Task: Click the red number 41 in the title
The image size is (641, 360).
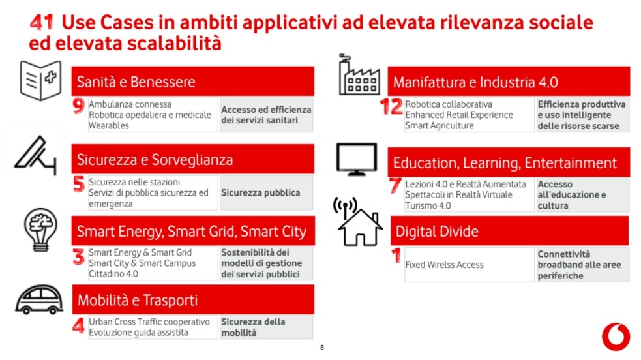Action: click(x=42, y=22)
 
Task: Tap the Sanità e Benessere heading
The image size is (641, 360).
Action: click(x=136, y=82)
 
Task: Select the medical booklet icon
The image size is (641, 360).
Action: click(x=40, y=80)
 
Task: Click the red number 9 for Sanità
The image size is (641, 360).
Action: click(x=78, y=106)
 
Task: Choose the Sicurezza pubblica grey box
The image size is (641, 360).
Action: click(x=267, y=193)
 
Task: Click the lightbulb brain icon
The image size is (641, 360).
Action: click(x=40, y=230)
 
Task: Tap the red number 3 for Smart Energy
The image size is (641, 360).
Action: click(x=78, y=258)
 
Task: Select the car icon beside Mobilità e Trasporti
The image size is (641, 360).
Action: click(x=39, y=299)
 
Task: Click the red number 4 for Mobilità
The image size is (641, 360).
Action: click(x=78, y=325)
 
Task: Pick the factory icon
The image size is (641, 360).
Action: click(x=359, y=74)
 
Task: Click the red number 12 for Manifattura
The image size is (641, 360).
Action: click(x=391, y=107)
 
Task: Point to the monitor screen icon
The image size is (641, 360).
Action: click(x=357, y=159)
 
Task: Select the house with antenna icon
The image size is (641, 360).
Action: click(x=358, y=222)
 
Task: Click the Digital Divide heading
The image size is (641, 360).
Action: click(x=437, y=232)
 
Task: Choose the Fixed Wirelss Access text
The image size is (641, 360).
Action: click(x=444, y=265)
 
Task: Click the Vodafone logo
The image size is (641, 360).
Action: click(x=616, y=337)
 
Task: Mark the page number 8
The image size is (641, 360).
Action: click(x=322, y=348)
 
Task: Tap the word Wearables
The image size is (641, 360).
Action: click(x=109, y=126)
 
